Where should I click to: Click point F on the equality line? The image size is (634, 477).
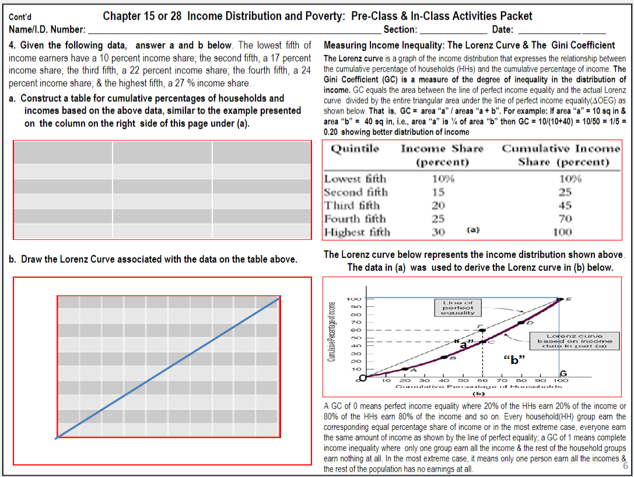point(481,330)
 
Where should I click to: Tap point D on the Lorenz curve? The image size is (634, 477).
point(521,322)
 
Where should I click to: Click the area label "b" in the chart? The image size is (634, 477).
point(514,359)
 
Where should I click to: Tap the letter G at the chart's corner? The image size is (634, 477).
point(563,373)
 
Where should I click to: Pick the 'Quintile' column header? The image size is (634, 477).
point(355,149)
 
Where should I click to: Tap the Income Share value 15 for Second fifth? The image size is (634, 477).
point(438,192)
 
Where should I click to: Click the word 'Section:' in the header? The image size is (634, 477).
point(400,30)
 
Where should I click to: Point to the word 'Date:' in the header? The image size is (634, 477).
point(503,30)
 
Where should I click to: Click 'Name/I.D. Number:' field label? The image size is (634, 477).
point(47,30)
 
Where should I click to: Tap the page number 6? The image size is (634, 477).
point(625,467)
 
